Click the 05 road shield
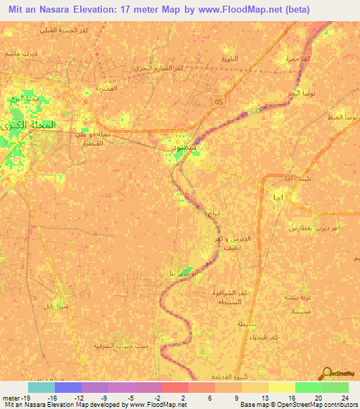click(x=219, y=101)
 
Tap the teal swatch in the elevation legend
click(x=41, y=387)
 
